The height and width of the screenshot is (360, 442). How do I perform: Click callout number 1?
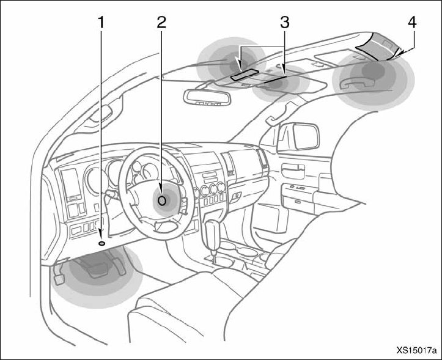pyautogui.click(x=101, y=23)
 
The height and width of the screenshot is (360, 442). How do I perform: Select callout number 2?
pyautogui.click(x=161, y=23)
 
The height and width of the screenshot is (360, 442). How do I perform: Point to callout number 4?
pyautogui.click(x=413, y=23)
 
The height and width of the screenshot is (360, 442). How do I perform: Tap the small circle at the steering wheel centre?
pyautogui.click(x=163, y=199)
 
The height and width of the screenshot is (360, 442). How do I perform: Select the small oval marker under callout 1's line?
pyautogui.click(x=101, y=243)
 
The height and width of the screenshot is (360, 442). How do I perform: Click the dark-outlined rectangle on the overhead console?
pyautogui.click(x=243, y=74)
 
